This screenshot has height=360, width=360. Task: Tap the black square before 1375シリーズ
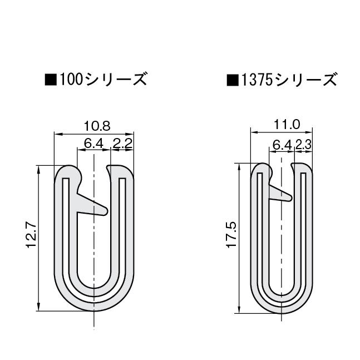coord(231,80)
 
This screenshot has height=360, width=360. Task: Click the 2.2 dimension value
coord(122,144)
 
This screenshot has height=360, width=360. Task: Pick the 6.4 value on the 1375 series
coord(283,145)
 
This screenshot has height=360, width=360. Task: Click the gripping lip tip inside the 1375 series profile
coord(288,196)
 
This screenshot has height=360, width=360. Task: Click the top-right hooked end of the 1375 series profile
coord(299,167)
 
